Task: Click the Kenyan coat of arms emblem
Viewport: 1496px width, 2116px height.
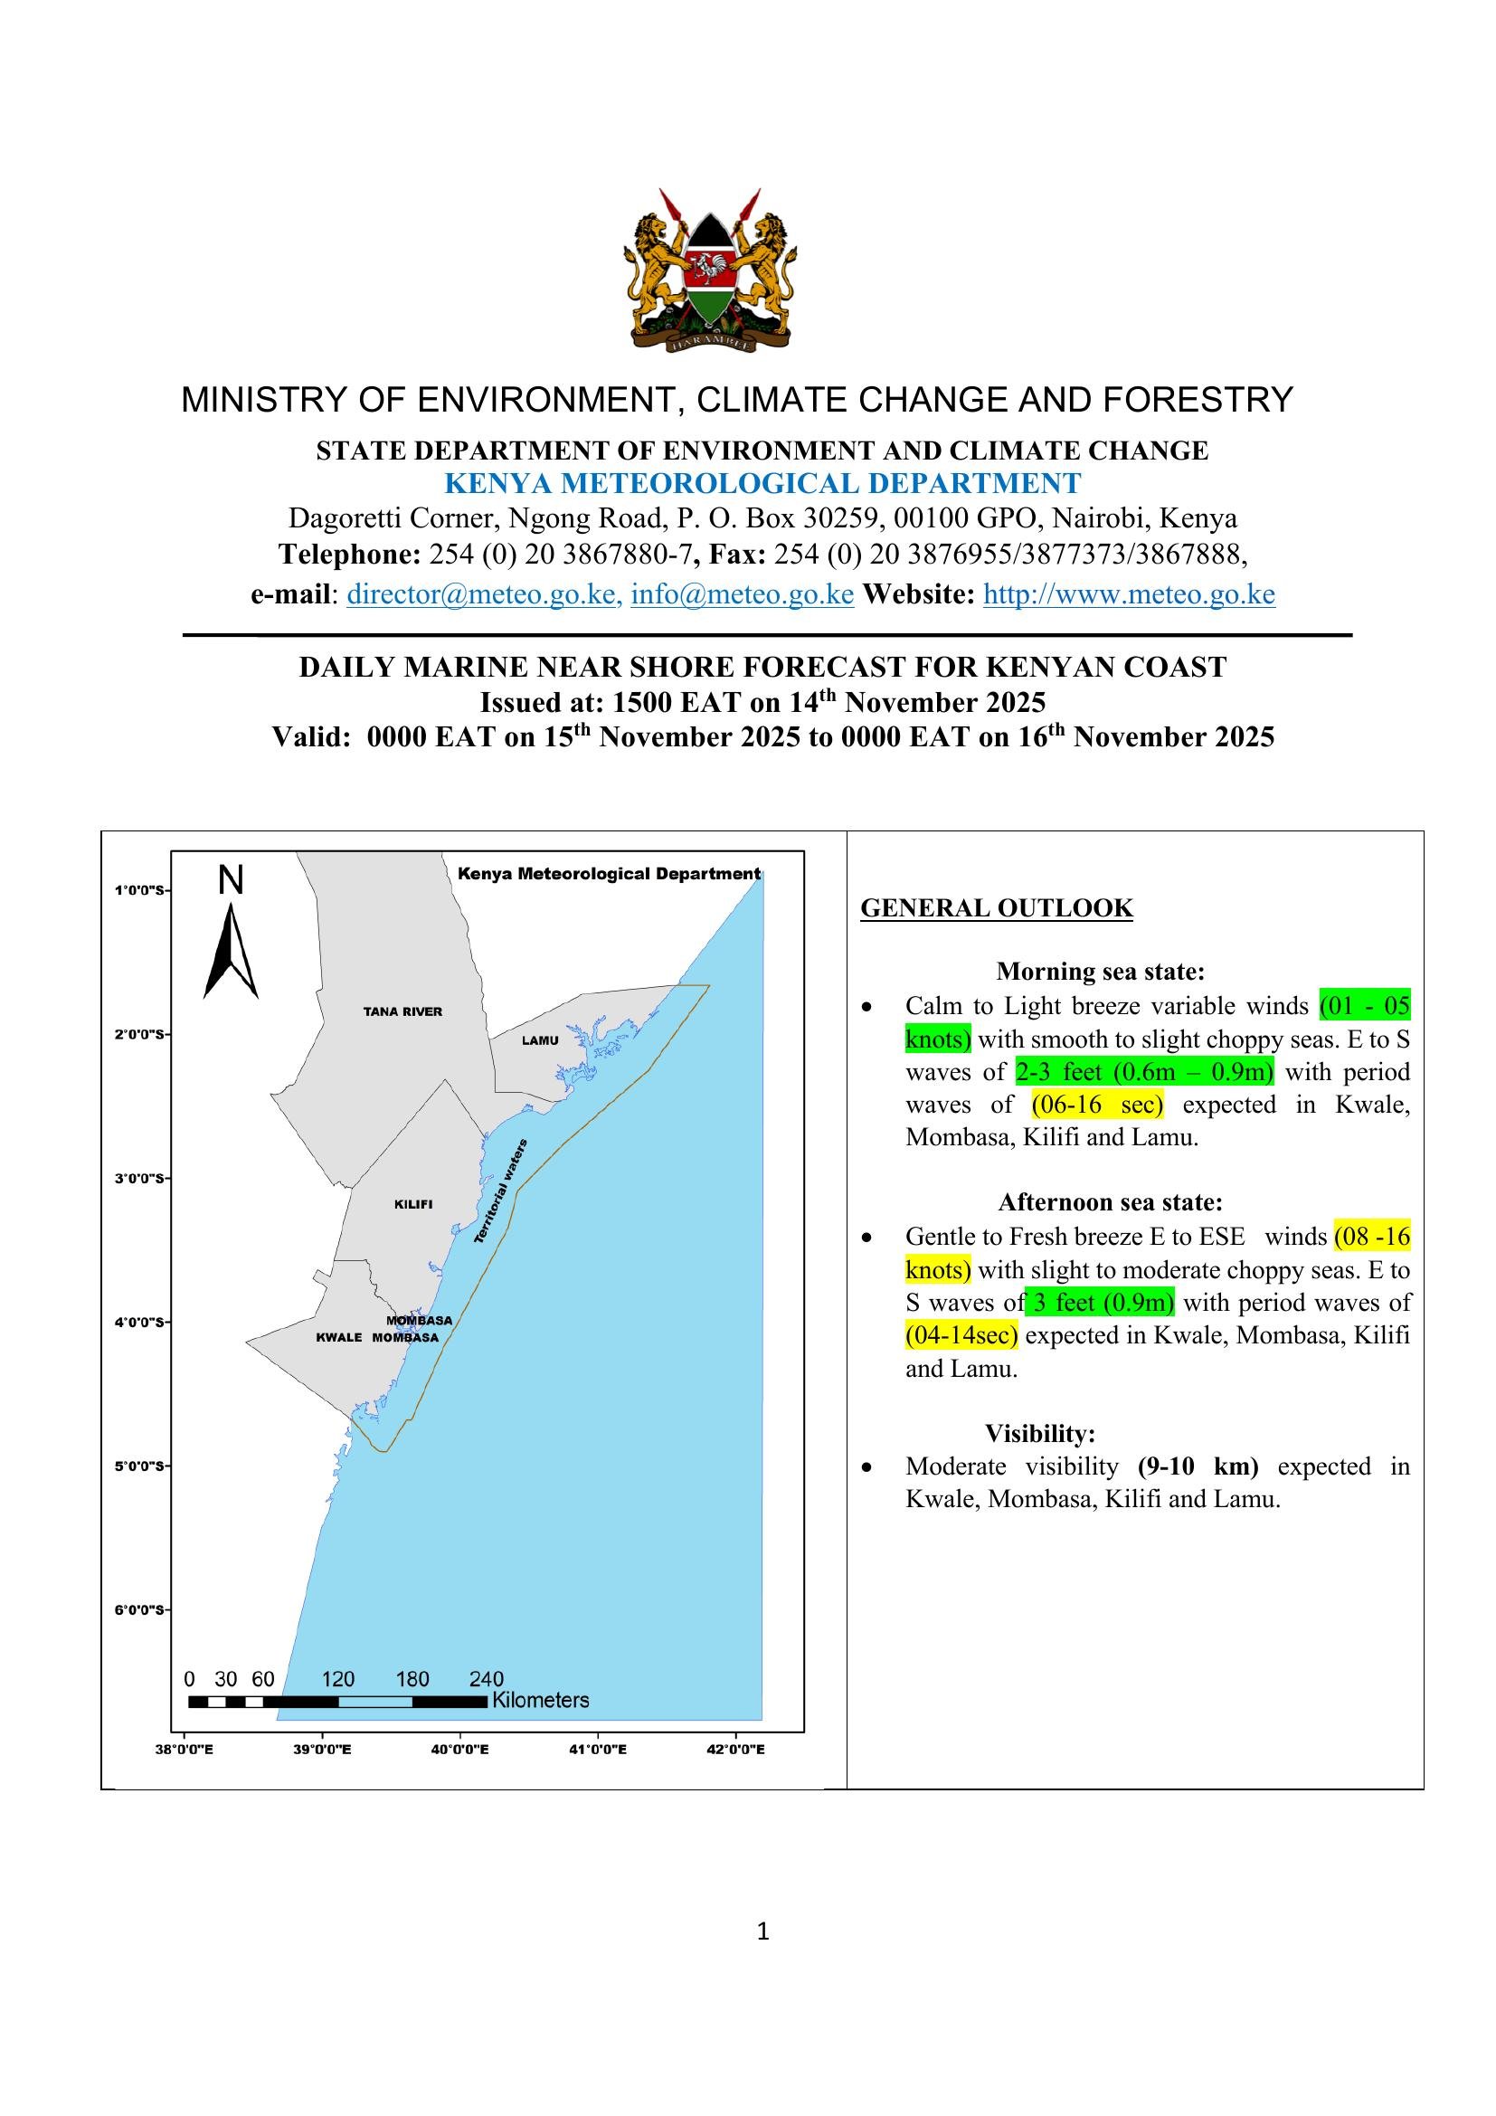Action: pos(709,269)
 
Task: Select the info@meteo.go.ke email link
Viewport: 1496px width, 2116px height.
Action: pos(742,594)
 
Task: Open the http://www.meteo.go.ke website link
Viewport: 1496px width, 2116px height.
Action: pos(1129,594)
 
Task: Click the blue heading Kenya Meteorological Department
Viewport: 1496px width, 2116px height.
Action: pos(762,483)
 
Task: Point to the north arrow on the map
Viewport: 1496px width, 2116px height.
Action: pos(231,949)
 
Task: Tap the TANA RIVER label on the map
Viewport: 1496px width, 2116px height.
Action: pos(402,1012)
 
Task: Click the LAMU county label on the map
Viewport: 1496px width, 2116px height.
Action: pos(540,1040)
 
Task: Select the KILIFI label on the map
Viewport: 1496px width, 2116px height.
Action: pos(412,1204)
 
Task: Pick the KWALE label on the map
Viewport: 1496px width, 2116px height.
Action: pos(338,1337)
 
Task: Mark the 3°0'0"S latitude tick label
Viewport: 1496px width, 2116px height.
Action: pos(139,1178)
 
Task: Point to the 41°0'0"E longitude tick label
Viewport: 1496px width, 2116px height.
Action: pos(598,1750)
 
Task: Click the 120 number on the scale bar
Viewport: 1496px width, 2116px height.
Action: pos(337,1679)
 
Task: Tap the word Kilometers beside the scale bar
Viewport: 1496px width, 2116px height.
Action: pos(540,1701)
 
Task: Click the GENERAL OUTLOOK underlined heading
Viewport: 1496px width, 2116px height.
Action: pos(996,907)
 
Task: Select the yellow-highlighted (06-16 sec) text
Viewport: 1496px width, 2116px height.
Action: pos(1097,1104)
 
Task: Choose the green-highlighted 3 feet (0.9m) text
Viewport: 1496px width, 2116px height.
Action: pos(1101,1302)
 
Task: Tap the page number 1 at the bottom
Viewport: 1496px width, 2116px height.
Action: pos(762,1931)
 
